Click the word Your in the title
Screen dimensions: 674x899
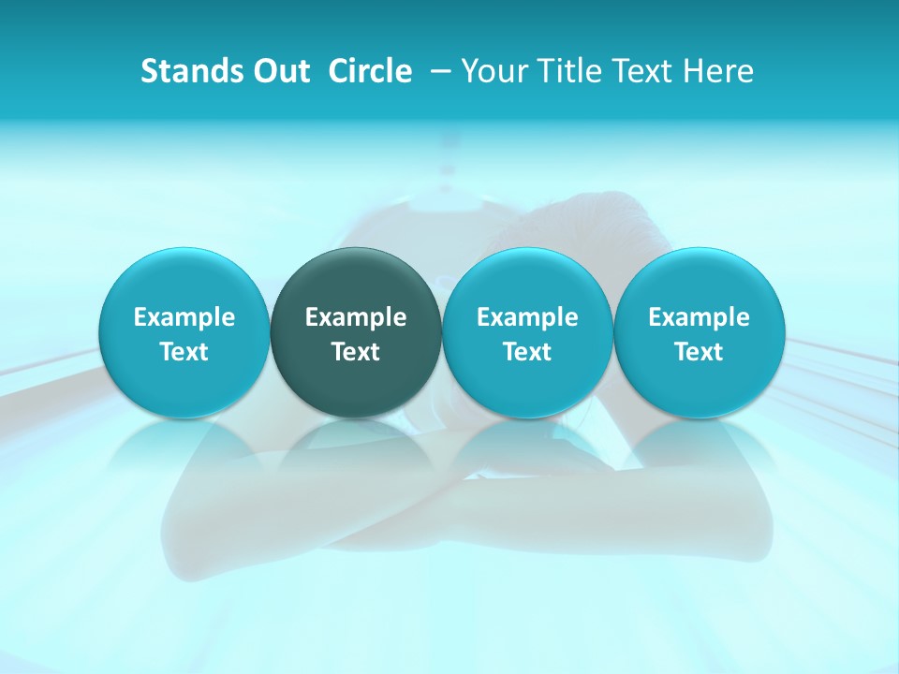point(490,71)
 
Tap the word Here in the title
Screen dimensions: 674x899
point(718,71)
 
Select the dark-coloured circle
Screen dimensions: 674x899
point(356,281)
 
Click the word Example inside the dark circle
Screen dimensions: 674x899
point(356,317)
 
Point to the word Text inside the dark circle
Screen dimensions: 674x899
point(356,352)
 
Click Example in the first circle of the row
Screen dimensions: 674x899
point(184,317)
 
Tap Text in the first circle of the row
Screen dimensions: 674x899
point(184,352)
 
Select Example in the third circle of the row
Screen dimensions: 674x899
point(527,317)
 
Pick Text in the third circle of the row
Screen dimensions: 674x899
point(527,352)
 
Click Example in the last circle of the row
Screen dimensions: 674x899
point(700,317)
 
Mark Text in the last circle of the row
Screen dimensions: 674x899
point(700,352)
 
